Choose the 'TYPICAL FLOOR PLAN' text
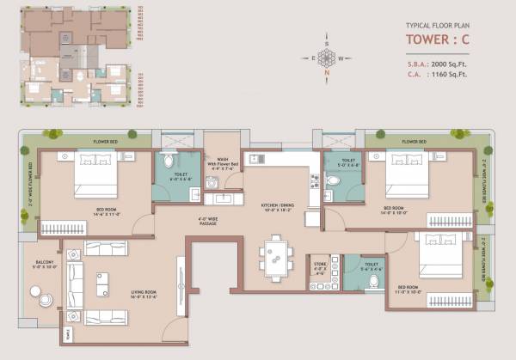pos(438,26)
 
